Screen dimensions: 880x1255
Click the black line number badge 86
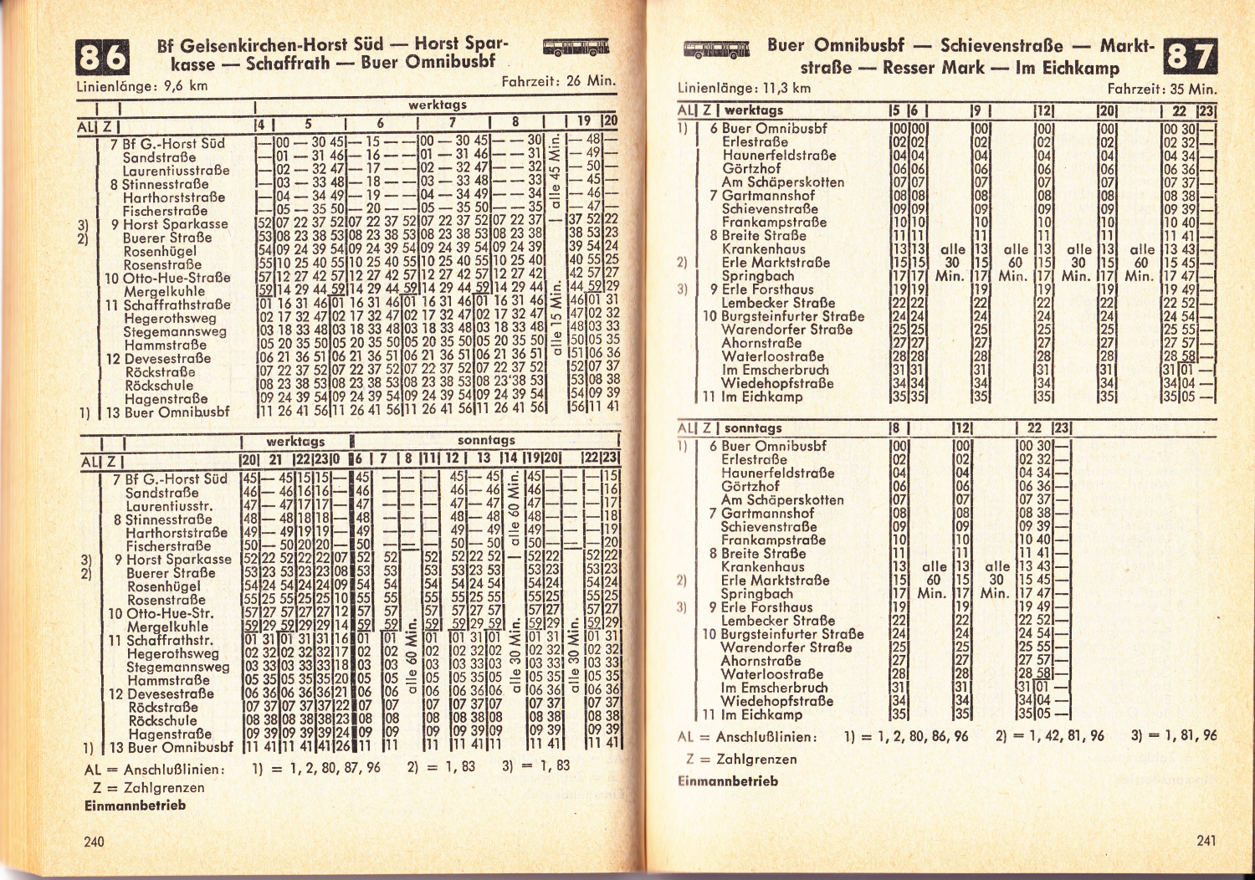103,58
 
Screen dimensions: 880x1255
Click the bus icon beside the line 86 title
576,47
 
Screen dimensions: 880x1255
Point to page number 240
94,841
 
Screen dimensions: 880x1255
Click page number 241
1206,840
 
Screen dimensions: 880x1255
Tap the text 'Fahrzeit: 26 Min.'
558,81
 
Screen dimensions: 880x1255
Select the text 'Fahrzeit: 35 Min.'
1161,89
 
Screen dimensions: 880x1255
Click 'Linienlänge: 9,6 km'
141,85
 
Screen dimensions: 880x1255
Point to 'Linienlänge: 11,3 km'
744,87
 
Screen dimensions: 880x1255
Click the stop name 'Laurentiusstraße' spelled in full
177,171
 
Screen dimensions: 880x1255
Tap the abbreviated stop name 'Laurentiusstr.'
169,506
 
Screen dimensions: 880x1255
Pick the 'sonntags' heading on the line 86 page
486,440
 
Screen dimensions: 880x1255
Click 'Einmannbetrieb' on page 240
135,806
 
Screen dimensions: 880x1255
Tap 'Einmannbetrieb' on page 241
727,780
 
